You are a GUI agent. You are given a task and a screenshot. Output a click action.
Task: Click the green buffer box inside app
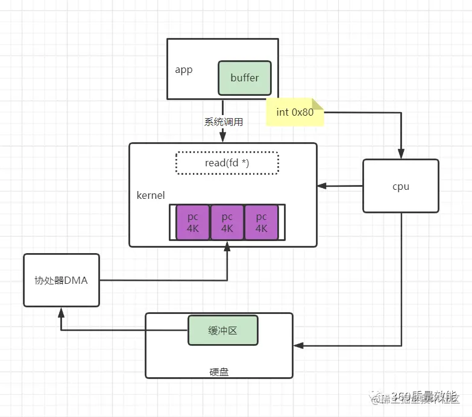[x=245, y=78]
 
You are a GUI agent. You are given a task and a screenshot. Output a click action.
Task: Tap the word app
[x=183, y=70]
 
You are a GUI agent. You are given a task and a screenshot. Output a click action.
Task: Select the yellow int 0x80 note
[x=295, y=112]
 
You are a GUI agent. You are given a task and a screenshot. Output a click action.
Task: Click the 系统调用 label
[x=224, y=121]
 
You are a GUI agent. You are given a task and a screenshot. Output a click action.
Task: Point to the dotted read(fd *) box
[x=227, y=163]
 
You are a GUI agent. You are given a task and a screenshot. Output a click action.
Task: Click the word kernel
[x=151, y=195]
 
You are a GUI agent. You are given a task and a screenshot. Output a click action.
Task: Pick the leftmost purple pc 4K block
[x=193, y=223]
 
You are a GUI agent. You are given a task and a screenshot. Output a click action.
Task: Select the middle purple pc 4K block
[x=227, y=223]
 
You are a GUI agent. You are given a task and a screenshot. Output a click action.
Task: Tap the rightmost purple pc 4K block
[x=261, y=223]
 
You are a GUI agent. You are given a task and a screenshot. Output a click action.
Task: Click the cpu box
[x=400, y=186]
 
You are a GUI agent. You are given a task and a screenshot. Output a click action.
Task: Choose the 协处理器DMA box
[x=61, y=280]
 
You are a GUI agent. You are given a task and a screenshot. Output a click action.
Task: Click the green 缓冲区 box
[x=223, y=330]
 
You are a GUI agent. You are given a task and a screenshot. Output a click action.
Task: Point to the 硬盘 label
[x=219, y=372]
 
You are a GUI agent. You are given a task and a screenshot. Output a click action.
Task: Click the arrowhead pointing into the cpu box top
[x=400, y=155]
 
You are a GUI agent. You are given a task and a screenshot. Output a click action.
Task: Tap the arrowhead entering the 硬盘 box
[x=298, y=346]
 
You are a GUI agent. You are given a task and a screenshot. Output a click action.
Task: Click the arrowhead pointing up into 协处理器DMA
[x=61, y=310]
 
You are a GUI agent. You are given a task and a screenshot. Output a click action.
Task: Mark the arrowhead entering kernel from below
[x=227, y=245]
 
